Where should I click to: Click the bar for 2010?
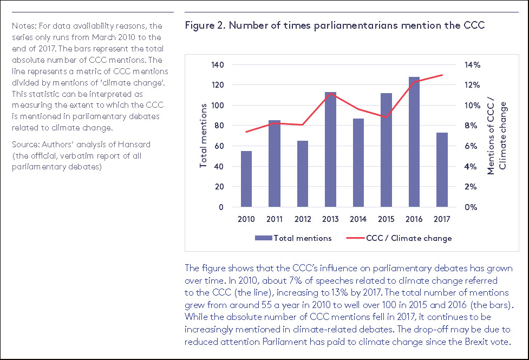(x=246, y=179)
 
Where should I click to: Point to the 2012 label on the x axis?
(x=302, y=219)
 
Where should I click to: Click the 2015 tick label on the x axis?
(x=387, y=219)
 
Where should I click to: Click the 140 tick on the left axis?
(x=217, y=65)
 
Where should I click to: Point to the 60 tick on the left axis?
(x=219, y=146)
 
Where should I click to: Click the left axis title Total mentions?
(x=204, y=135)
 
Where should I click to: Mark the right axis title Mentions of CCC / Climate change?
(x=497, y=135)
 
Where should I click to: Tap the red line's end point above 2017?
(x=443, y=75)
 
